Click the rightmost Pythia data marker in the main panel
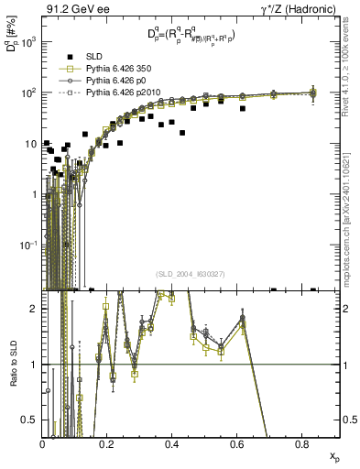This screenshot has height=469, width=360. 313,93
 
